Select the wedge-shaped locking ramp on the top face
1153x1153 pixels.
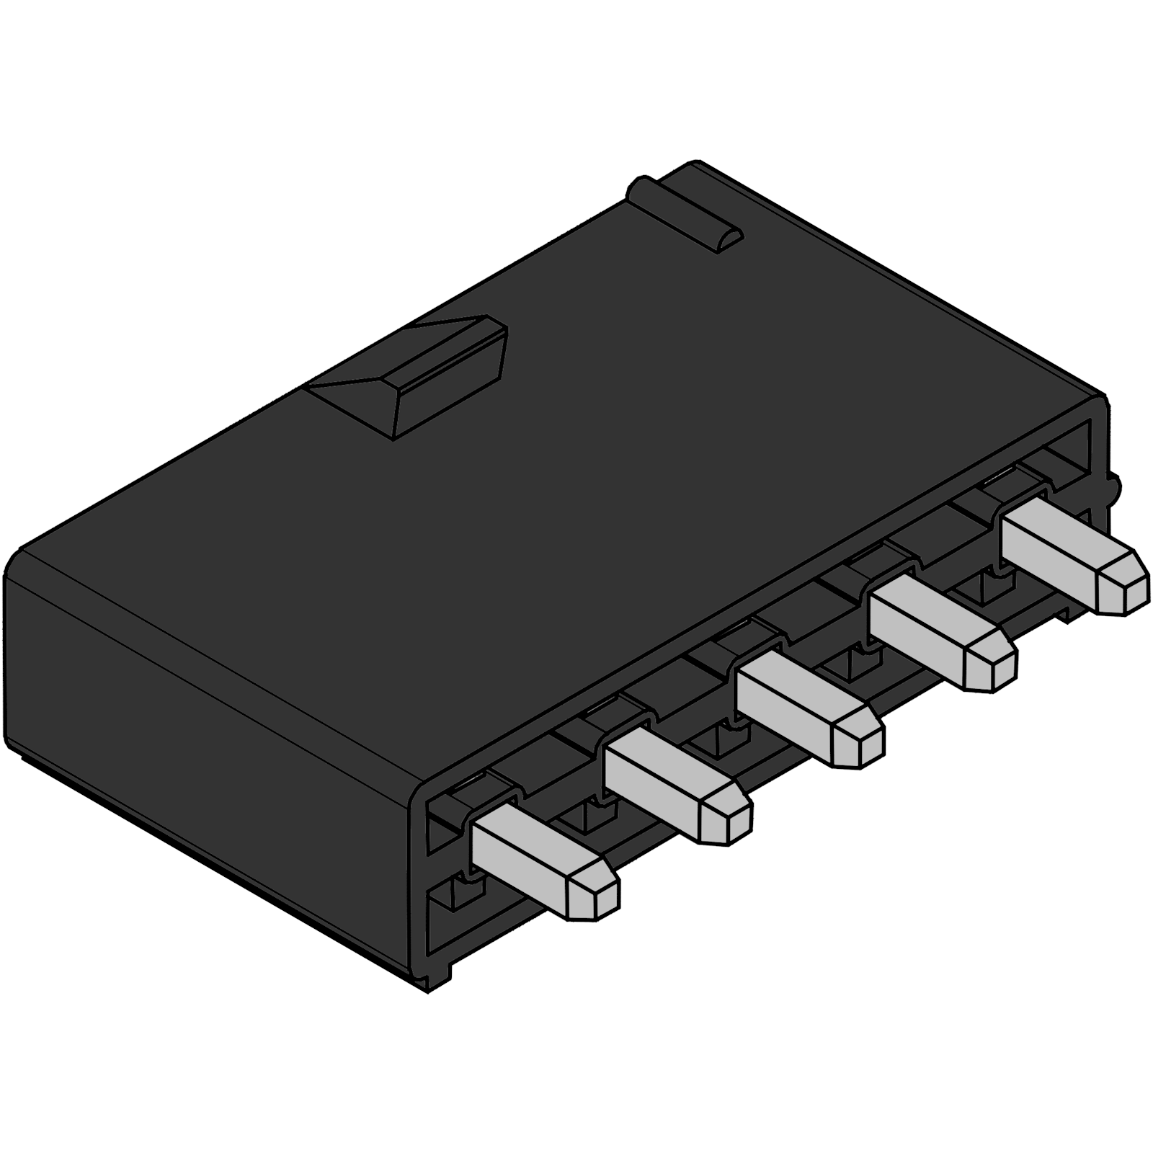[x=425, y=375]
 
